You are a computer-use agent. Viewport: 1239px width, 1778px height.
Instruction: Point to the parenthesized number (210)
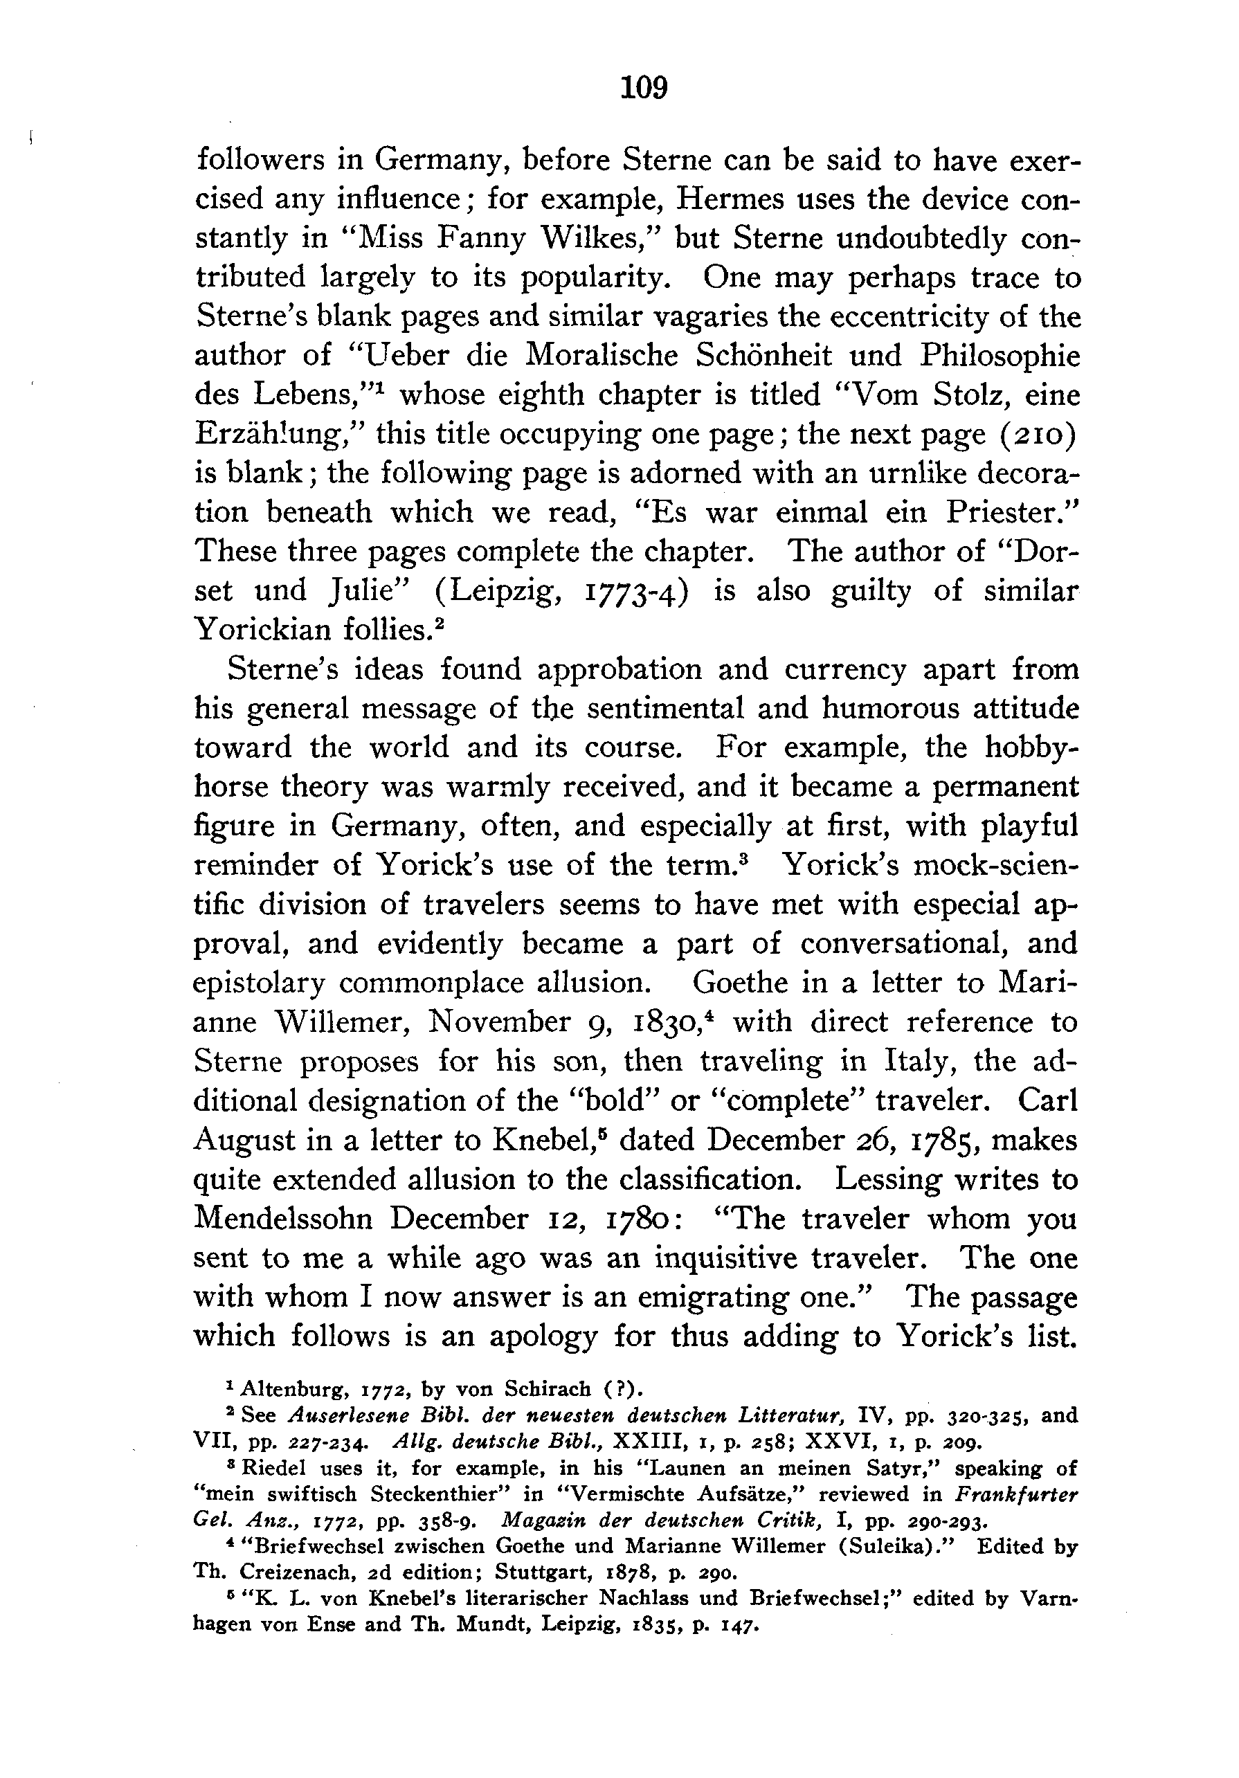point(1029,435)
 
